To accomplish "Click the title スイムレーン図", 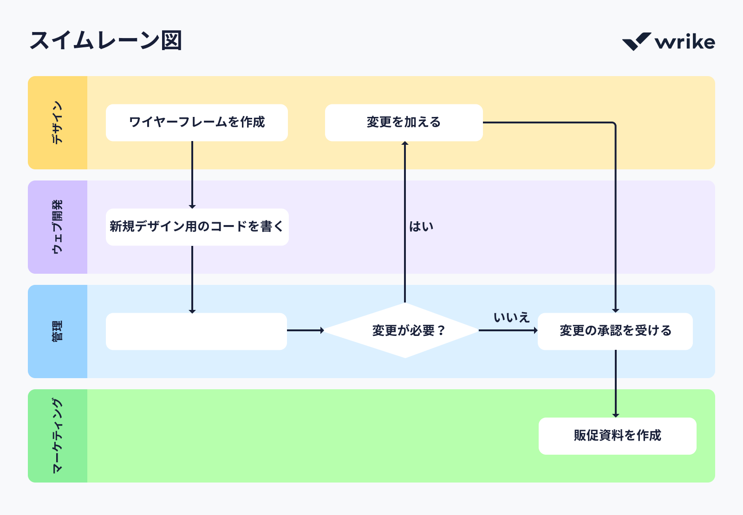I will (105, 41).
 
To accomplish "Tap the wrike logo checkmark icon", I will (636, 42).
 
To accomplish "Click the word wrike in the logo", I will (685, 42).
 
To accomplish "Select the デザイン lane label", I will (57, 122).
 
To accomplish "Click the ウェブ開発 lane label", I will (57, 227).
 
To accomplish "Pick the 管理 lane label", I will (57, 331).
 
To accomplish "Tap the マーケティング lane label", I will (57, 436).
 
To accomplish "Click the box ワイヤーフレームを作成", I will (196, 122).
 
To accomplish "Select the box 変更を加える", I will (404, 122).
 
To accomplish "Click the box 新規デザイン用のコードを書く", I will (197, 227).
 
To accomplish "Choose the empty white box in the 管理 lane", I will (196, 331).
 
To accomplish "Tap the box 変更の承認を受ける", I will (615, 331).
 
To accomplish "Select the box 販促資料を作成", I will (617, 436).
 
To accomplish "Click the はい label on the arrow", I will (421, 226).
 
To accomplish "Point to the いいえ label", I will (511, 318).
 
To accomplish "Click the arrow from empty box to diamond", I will (305, 330).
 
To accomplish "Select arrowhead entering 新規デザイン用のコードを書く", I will (192, 206).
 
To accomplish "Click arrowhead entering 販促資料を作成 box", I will (616, 415).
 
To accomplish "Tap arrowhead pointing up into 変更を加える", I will (405, 144).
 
